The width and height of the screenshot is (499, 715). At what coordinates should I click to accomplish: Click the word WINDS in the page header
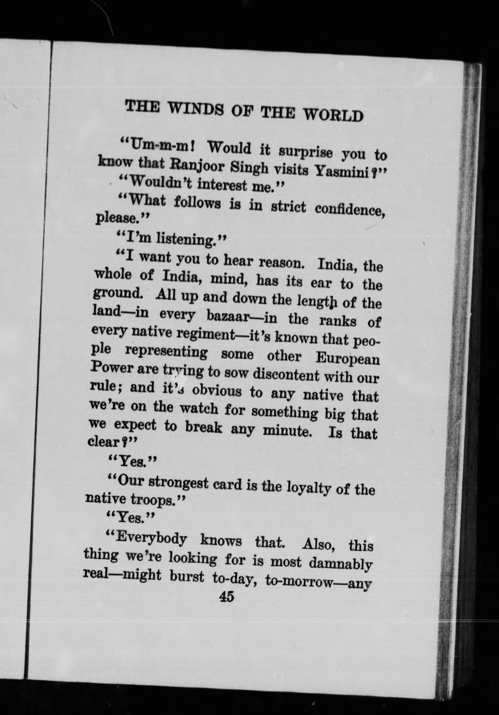point(194,109)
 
